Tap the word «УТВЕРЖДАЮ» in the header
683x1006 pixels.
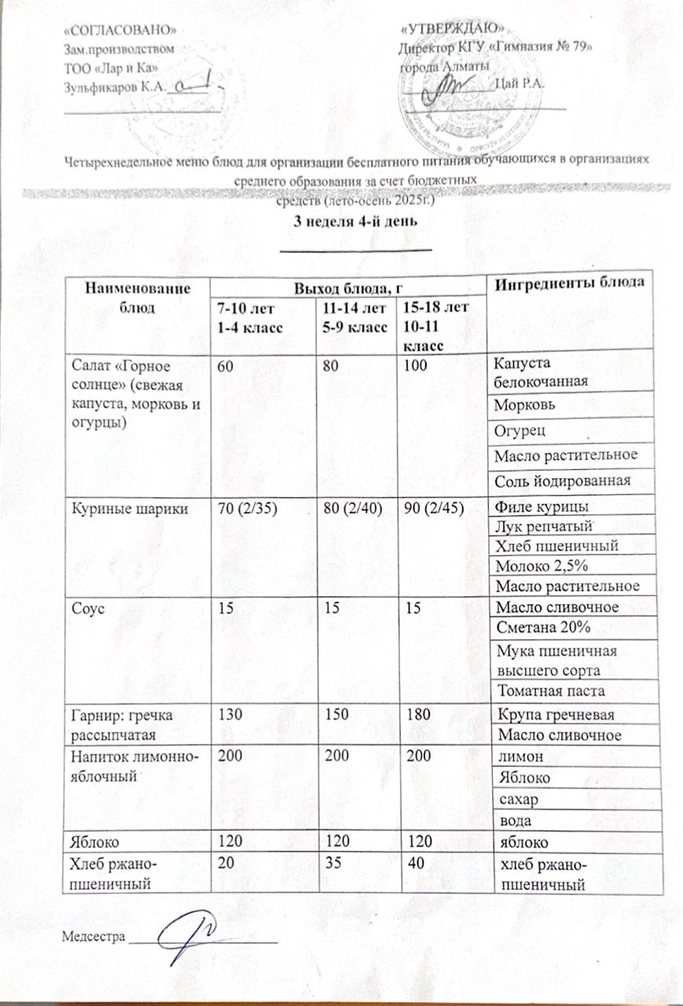point(442,28)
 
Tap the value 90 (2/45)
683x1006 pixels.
point(430,509)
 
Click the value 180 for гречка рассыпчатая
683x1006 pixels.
point(412,714)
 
